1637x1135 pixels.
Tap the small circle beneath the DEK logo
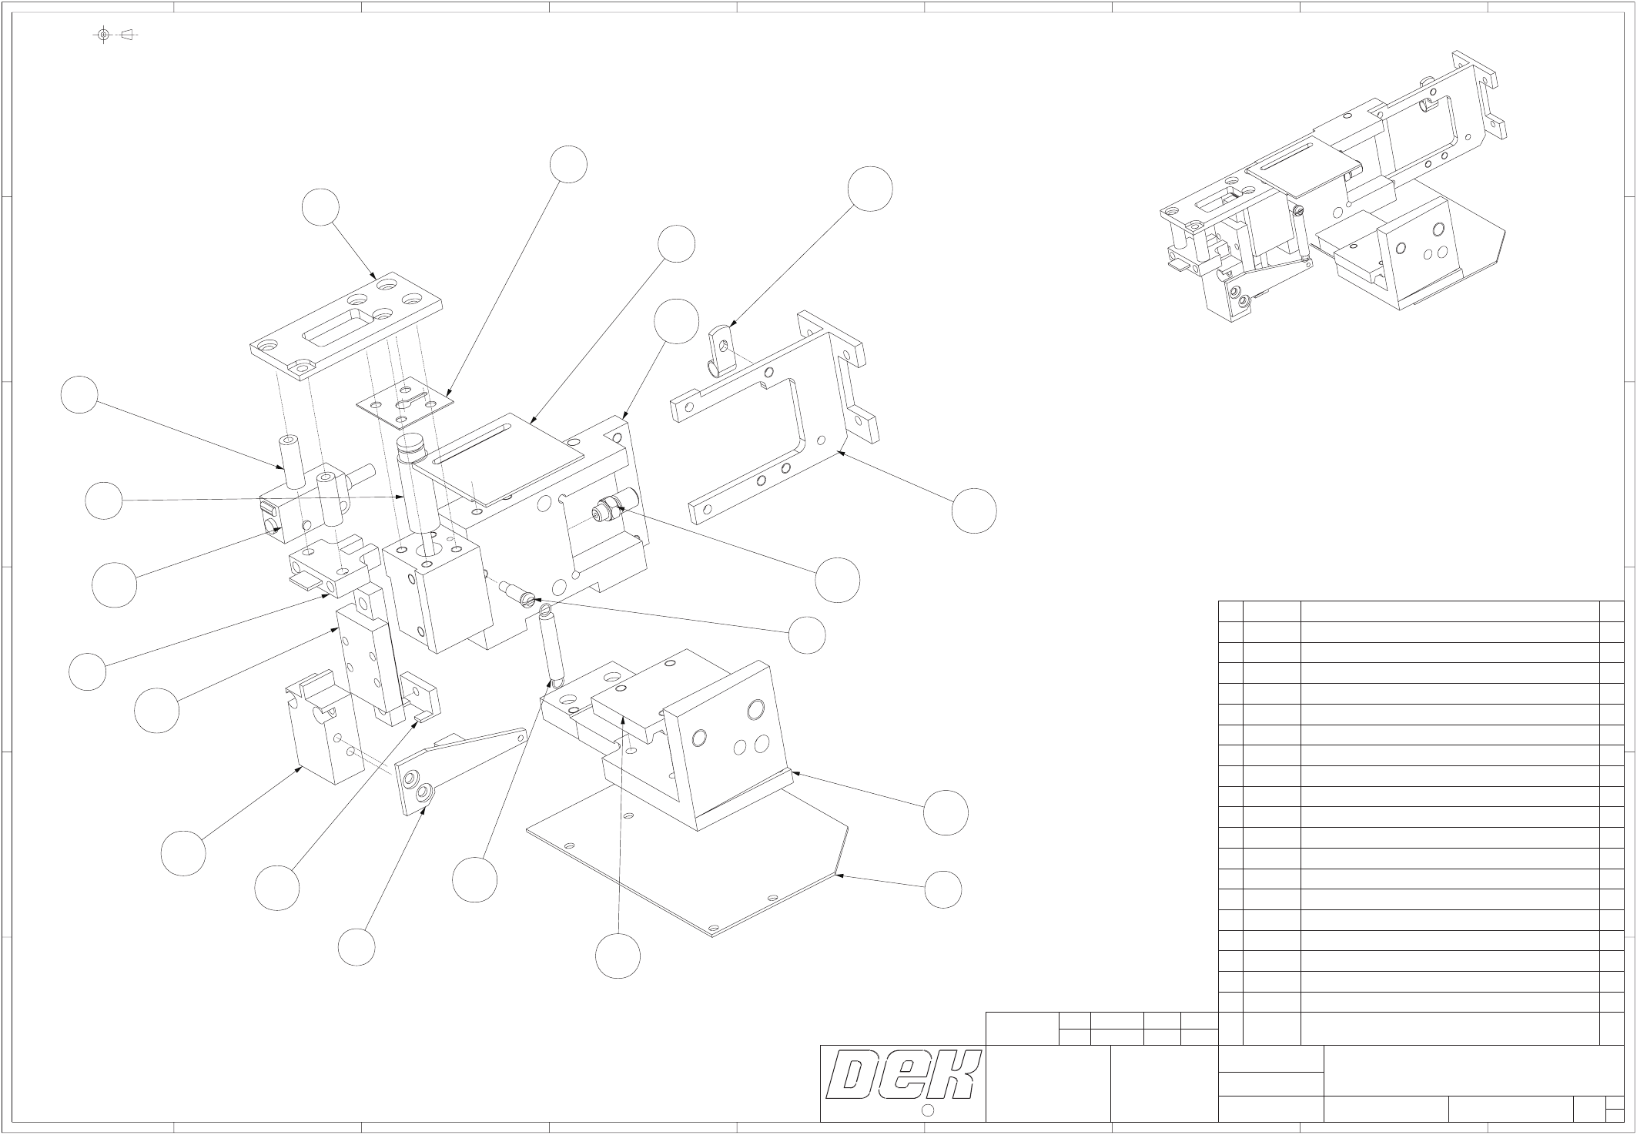click(928, 1110)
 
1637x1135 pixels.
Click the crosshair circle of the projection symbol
click(104, 35)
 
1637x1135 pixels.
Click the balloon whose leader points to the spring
click(474, 879)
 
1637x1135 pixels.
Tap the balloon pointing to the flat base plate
click(943, 890)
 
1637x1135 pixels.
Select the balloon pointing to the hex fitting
click(838, 580)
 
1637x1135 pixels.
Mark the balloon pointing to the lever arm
click(357, 947)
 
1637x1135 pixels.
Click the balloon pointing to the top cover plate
click(320, 207)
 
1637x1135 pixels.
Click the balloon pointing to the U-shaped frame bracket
click(974, 510)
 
